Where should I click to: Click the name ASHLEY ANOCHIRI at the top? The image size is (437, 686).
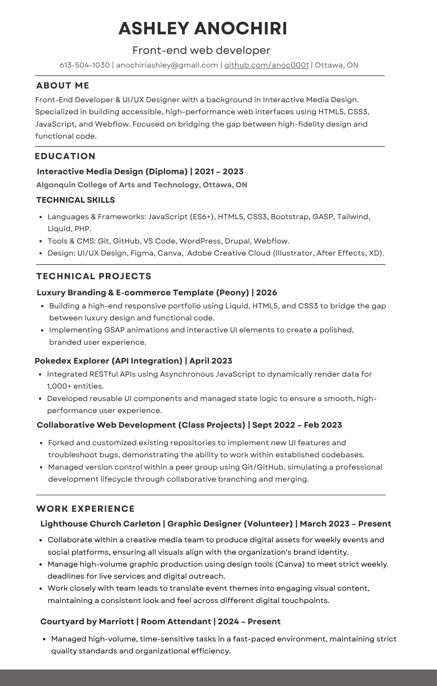pos(203,28)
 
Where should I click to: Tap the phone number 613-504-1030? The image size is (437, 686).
pos(85,65)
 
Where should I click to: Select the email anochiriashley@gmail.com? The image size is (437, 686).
pos(167,65)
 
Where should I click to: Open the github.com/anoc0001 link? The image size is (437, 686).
pos(266,65)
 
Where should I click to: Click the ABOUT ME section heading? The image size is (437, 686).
pos(63,85)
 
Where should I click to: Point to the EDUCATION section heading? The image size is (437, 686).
pos(65,156)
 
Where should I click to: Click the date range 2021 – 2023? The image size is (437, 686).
pos(219,171)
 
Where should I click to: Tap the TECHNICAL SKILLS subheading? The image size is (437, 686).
pos(76,200)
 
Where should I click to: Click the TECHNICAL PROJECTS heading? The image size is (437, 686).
pos(94,276)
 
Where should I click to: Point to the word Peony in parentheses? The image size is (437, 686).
pos(232,293)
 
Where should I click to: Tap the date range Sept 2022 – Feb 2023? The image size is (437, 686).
pos(297,425)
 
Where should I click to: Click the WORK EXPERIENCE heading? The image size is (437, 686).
pos(85,509)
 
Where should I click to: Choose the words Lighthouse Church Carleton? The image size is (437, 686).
pos(100,524)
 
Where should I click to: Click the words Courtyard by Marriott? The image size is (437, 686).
pos(87,622)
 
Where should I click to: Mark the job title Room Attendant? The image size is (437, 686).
pos(176,622)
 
